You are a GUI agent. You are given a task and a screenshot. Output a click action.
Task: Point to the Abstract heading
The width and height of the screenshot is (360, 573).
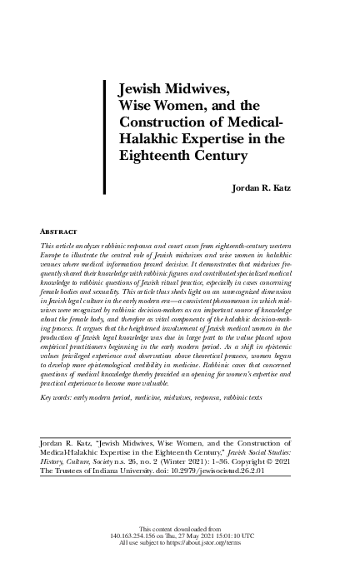pos(59,229)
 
